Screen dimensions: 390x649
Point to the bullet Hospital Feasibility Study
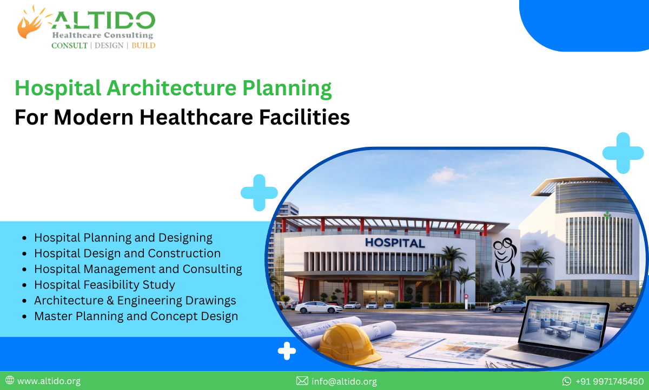(x=104, y=284)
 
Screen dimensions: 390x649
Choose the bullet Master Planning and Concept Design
(x=136, y=316)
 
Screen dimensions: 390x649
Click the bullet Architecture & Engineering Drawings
(x=135, y=300)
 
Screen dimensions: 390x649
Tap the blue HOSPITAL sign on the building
(x=395, y=243)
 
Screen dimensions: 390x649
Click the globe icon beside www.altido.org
(x=10, y=381)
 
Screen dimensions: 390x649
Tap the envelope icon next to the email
(x=302, y=381)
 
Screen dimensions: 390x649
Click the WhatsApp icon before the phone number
(x=567, y=381)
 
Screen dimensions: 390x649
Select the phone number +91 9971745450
(x=610, y=381)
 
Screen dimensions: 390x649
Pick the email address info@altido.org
(x=344, y=381)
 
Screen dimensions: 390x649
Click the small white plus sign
(x=287, y=352)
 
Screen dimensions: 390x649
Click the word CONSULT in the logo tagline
(x=69, y=45)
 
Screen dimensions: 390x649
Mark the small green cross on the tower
(x=607, y=215)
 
